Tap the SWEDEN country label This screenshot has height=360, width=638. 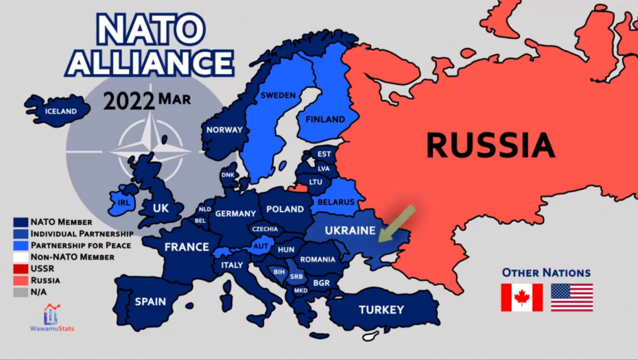point(278,95)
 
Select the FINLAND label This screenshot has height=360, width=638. point(325,119)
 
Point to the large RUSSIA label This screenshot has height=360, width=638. point(490,145)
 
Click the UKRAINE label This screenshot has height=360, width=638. point(350,230)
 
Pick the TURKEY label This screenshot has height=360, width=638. point(381,309)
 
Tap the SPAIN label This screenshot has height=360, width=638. point(150,301)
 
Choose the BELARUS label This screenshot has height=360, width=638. point(336,202)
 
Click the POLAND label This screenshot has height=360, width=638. point(285,208)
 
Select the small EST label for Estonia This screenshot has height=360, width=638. point(324,154)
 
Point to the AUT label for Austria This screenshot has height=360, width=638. point(261,245)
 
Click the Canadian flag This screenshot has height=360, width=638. point(521,298)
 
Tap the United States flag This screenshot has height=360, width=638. point(571,298)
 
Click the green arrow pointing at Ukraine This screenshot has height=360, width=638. point(397,223)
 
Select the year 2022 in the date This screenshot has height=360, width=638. point(129,101)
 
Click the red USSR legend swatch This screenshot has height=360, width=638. point(21,269)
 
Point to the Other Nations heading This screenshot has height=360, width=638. point(546,273)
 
